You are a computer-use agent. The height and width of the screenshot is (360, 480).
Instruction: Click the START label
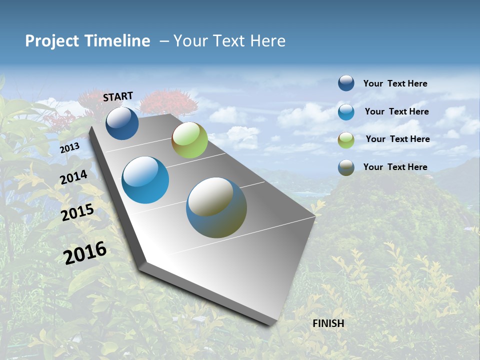pyautogui.click(x=118, y=96)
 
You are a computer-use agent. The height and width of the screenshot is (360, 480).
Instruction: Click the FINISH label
pyautogui.click(x=328, y=323)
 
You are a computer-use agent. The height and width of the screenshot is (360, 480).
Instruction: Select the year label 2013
pyautogui.click(x=69, y=148)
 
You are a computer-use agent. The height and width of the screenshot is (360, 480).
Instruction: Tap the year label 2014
pyautogui.click(x=73, y=177)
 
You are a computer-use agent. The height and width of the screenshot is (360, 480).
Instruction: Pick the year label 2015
pyautogui.click(x=77, y=212)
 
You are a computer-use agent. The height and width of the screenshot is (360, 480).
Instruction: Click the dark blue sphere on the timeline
pyautogui.click(x=122, y=123)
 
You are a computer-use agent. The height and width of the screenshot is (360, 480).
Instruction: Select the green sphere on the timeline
pyautogui.click(x=189, y=140)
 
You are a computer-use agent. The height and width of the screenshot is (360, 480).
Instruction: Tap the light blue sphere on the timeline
pyautogui.click(x=145, y=180)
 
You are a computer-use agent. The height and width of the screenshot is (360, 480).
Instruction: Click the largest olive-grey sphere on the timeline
pyautogui.click(x=216, y=207)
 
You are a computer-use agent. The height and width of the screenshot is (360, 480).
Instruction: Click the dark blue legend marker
pyautogui.click(x=346, y=83)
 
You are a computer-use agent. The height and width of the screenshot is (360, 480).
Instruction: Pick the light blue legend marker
pyautogui.click(x=346, y=111)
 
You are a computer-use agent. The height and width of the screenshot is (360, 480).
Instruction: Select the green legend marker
pyautogui.click(x=346, y=139)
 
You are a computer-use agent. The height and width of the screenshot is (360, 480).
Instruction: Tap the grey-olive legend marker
pyautogui.click(x=346, y=167)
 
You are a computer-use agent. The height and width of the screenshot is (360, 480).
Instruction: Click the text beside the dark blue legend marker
pyautogui.click(x=395, y=83)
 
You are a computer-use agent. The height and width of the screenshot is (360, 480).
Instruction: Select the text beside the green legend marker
pyautogui.click(x=397, y=139)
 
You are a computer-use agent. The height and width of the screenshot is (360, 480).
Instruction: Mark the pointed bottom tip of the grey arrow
pyautogui.click(x=272, y=324)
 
